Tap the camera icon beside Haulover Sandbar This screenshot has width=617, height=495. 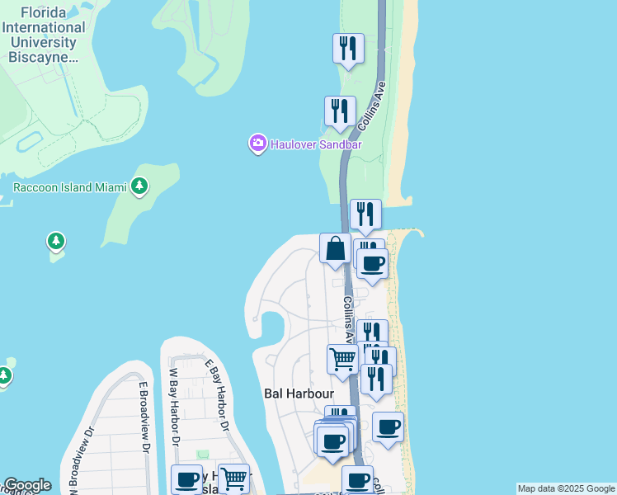pos(258,144)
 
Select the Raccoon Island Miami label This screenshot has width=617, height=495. pos(69,187)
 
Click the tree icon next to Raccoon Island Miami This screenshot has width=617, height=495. pos(140,186)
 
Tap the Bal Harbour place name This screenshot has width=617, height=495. pos(297,394)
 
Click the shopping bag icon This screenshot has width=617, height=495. pos(336,249)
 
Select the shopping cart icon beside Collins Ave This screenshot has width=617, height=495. pos(342,360)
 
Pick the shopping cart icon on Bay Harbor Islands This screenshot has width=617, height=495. pos(234,478)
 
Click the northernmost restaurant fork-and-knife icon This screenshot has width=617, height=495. pos(348,48)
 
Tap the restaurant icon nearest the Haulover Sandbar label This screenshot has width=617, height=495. pos(339,111)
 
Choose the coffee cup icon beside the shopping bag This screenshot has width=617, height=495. pos(373,264)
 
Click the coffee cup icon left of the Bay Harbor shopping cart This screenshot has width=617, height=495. pos(186,479)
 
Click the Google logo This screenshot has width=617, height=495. pos(27,485)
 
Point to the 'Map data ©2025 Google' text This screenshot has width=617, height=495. pos(566,488)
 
